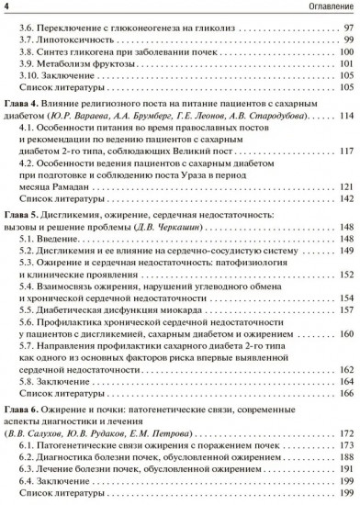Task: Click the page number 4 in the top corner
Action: (6, 9)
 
